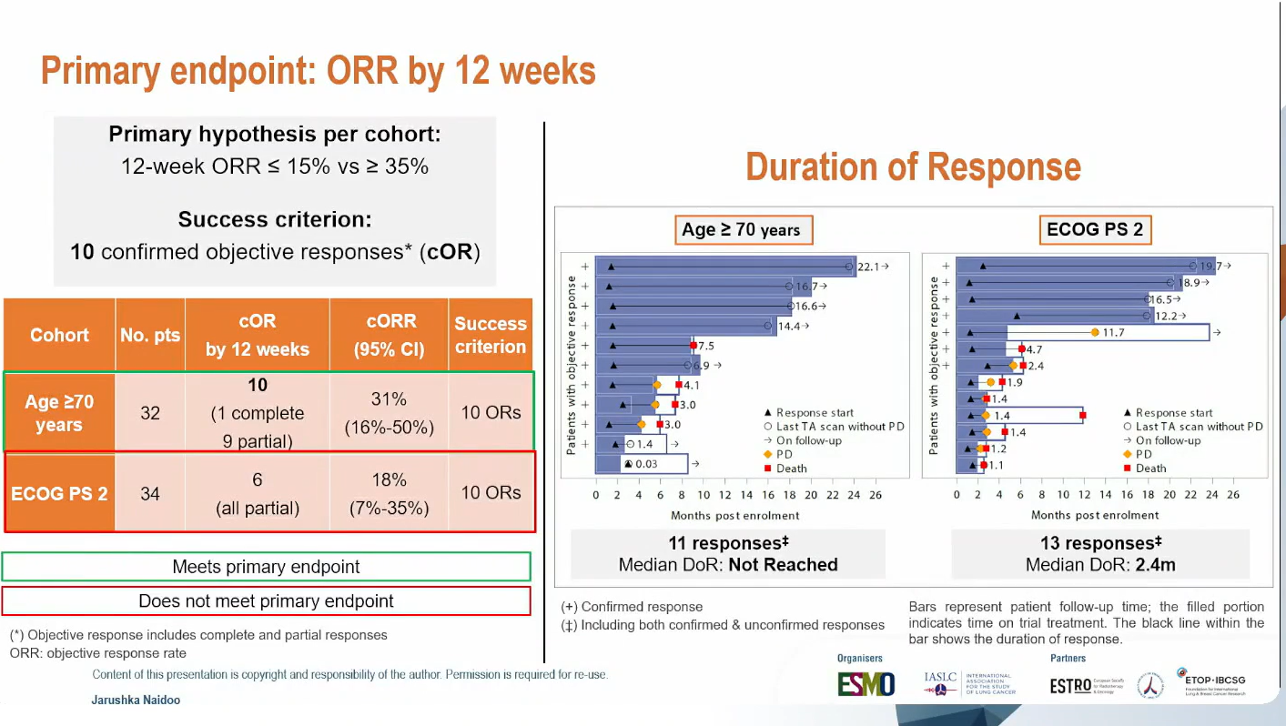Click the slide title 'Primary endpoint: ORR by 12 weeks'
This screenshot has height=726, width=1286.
click(318, 71)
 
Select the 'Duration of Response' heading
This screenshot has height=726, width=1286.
click(913, 167)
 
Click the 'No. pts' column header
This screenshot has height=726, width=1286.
click(150, 336)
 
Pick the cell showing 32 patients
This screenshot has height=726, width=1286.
click(150, 413)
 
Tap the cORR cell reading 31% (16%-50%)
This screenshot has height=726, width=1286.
click(389, 413)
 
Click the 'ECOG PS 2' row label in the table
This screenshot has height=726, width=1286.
click(59, 493)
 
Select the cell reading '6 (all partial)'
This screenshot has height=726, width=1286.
click(258, 493)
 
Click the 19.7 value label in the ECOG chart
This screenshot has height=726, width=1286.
click(1211, 267)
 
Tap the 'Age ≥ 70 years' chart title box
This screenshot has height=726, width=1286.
click(742, 229)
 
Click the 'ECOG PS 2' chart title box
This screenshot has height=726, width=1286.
click(1094, 229)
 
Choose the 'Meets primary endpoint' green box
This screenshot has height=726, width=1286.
click(266, 567)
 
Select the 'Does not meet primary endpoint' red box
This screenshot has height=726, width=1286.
click(266, 601)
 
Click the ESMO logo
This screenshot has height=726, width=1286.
click(866, 684)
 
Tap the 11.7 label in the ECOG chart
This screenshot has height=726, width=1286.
click(1113, 333)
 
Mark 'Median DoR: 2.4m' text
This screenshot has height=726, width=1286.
click(1100, 565)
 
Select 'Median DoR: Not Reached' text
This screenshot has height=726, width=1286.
click(728, 565)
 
